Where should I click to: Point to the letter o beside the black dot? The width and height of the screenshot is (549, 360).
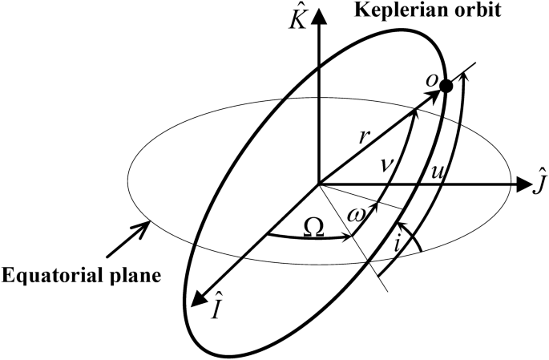pos(432,79)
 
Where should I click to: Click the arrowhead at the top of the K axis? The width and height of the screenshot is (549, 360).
pos(320,14)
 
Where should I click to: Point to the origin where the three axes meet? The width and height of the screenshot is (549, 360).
pos(320,184)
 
